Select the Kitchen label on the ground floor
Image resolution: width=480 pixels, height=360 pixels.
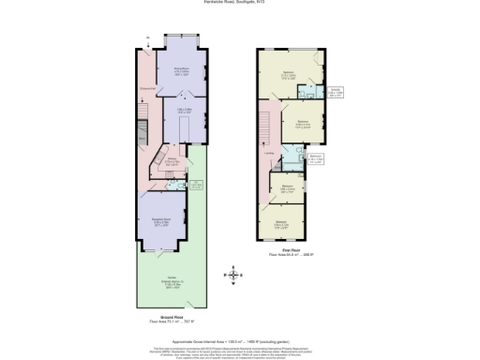point(172,160)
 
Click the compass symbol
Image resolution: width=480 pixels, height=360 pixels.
point(231,275)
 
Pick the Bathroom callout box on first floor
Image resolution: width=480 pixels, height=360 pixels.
point(316,158)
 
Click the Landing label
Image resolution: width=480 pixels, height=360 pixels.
point(269,155)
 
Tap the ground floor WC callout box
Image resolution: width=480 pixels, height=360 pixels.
point(196,186)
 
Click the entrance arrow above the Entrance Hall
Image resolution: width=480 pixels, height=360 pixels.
point(147,39)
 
